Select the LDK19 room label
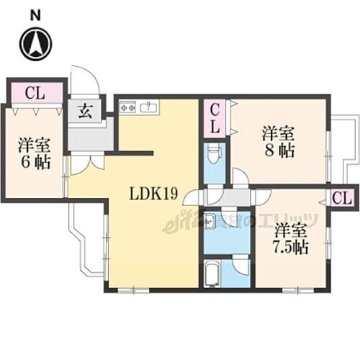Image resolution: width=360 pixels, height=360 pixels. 155,194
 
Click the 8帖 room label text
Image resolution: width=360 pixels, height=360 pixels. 277,142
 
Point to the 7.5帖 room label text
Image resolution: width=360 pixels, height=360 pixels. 290,240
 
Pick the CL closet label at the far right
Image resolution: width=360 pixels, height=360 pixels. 342,197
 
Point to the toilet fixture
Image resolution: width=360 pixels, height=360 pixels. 214,155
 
